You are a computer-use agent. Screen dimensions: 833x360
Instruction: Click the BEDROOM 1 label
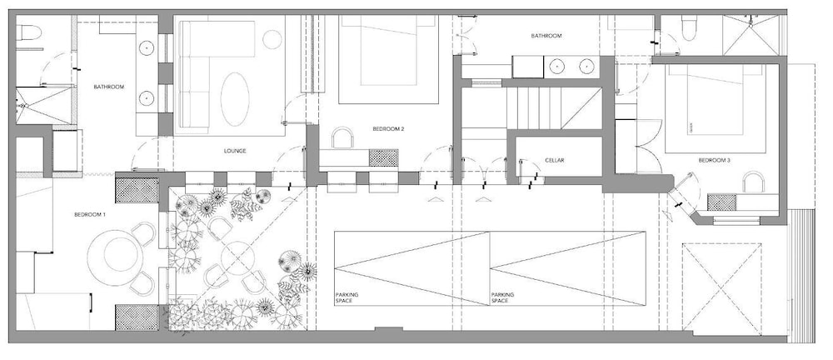(x=90, y=215)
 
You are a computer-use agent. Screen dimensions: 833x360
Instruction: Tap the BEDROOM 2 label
(x=388, y=128)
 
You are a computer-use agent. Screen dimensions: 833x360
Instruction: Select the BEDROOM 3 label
(x=714, y=160)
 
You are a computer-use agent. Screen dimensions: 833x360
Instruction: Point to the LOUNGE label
(x=235, y=151)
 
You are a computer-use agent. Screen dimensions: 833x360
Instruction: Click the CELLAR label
(x=554, y=160)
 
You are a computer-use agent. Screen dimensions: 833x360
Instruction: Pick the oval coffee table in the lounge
(x=235, y=99)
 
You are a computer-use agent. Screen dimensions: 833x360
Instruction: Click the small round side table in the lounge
(x=272, y=40)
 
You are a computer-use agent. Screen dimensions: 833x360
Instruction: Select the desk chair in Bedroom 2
(x=342, y=137)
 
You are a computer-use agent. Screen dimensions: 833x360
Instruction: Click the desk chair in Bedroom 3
(x=753, y=182)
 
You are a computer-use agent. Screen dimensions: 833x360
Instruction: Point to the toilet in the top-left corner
(x=28, y=33)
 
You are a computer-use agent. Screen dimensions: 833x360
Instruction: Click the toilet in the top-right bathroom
(x=689, y=28)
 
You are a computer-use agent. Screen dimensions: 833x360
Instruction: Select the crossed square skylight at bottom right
(x=721, y=288)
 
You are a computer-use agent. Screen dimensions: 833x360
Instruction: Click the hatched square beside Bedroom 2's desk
(x=383, y=158)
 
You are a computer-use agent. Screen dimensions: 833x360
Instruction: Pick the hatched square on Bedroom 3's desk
(x=721, y=202)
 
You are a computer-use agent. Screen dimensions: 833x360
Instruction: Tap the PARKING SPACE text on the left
(x=347, y=297)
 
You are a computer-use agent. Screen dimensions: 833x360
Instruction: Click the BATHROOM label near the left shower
(x=109, y=87)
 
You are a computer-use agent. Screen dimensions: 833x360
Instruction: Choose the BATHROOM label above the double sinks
(x=546, y=36)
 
